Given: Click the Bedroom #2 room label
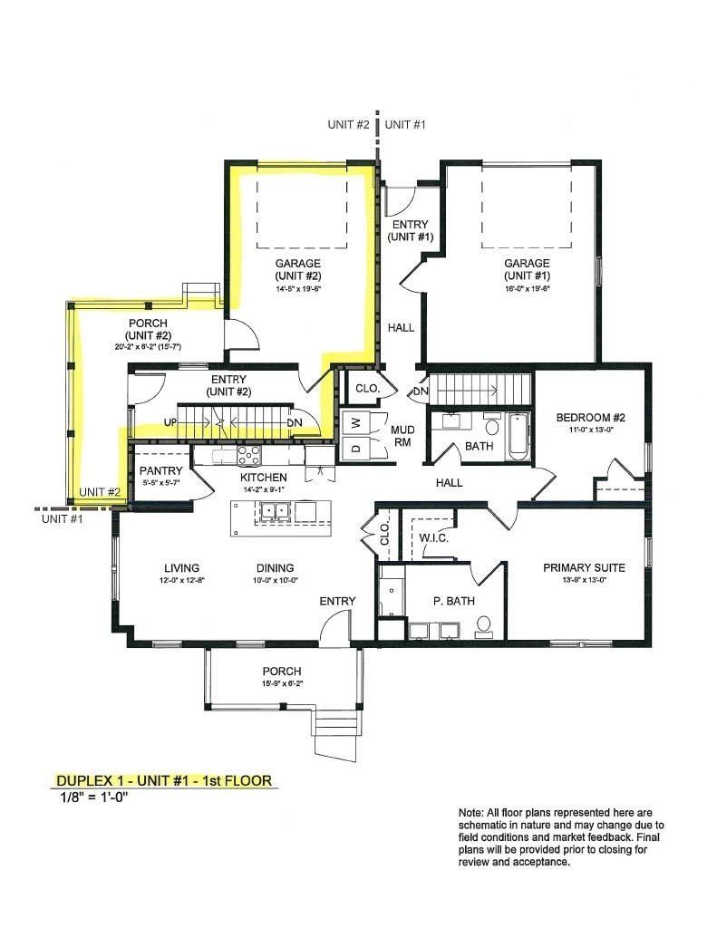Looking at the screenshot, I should pos(590,417).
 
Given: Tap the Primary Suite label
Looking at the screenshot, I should pos(581,567).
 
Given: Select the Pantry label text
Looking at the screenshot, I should pos(160,471).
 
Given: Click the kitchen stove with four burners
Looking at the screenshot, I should pos(248,455).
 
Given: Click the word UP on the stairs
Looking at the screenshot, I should pos(170,423).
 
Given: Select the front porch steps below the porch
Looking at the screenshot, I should pos(334,731).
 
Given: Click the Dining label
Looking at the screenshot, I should pos(276,568).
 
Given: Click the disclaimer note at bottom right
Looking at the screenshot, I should pos(562,837).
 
